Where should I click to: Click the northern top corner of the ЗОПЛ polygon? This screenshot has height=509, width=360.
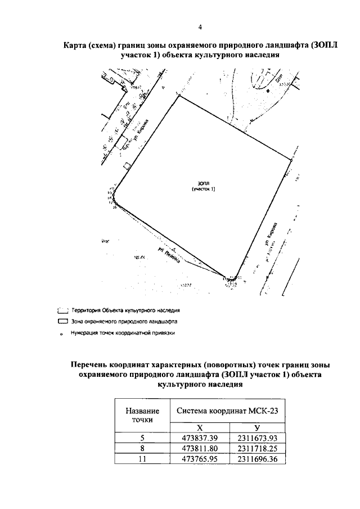coord(179,96)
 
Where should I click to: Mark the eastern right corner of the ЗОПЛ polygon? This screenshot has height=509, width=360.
coord(292,160)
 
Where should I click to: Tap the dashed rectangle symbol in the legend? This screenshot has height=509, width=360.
coord(62,310)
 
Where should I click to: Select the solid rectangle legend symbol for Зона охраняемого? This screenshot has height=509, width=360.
coord(62,322)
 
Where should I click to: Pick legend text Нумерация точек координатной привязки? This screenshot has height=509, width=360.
coord(123,333)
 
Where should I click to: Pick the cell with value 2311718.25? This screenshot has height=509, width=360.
coord(256,448)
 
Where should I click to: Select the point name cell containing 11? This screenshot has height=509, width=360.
coord(142,459)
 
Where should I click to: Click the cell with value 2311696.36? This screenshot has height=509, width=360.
coord(256,459)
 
